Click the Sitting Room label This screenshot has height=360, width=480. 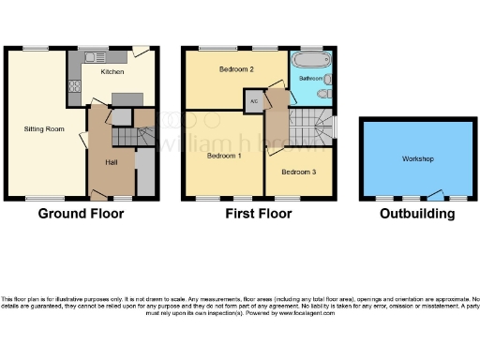(x=44, y=128)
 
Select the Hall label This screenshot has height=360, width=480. (x=111, y=161)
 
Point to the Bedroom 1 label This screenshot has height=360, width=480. (x=224, y=155)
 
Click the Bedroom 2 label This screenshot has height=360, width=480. (x=237, y=69)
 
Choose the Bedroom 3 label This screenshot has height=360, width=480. (x=298, y=172)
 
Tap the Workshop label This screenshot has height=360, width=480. (x=417, y=159)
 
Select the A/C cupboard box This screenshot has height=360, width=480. (x=253, y=101)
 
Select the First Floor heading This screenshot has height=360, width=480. (x=258, y=214)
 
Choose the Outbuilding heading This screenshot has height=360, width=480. (x=417, y=214)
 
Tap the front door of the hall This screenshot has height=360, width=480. (x=97, y=195)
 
